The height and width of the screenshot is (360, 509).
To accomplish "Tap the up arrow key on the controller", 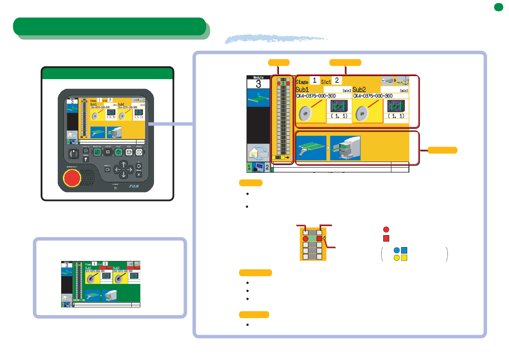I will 124,164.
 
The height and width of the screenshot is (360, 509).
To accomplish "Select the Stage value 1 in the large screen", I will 315,80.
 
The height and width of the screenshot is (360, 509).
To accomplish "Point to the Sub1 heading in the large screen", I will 305,89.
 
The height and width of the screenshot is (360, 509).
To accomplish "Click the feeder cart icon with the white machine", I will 345,148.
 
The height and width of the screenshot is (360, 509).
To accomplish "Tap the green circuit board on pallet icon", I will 311,148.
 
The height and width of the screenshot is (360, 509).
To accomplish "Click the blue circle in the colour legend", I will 397,251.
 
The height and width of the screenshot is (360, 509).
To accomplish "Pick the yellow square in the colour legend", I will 404,258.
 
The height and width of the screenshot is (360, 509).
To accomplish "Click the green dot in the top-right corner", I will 497,7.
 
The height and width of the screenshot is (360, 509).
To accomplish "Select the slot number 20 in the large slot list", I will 283,153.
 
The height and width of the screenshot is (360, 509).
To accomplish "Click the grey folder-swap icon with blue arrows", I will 258,153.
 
